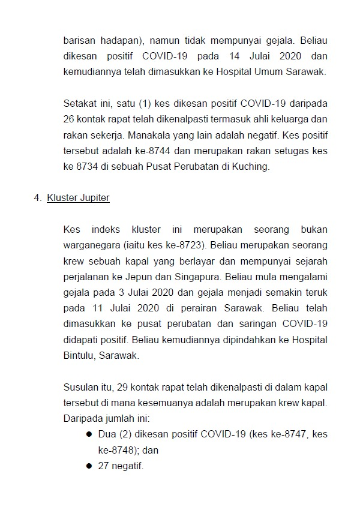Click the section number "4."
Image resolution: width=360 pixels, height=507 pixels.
37,198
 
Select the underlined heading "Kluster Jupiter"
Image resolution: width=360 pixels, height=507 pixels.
78,198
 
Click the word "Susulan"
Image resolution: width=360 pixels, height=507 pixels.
80,386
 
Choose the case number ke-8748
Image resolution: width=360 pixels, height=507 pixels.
119,449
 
